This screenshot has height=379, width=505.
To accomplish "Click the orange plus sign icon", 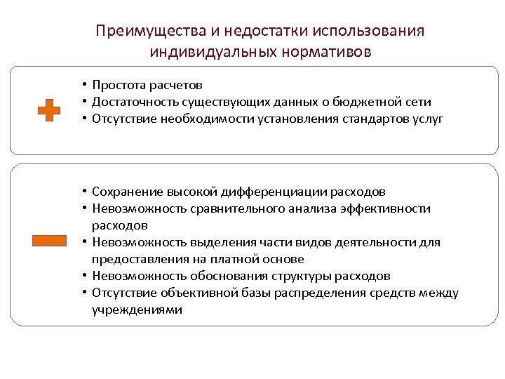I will pyautogui.click(x=48, y=111).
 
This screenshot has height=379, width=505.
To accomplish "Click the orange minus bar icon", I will pyautogui.click(x=49, y=241).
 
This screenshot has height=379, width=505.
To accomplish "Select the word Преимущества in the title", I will pyautogui.click(x=142, y=32).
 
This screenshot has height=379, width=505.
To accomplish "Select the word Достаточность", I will pyautogui.click(x=132, y=102).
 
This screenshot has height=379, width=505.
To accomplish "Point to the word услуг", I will pyautogui.click(x=429, y=119).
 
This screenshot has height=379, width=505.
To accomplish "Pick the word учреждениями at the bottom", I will pyautogui.click(x=136, y=310).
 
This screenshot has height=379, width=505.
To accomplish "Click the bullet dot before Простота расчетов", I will pyautogui.click(x=83, y=86).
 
